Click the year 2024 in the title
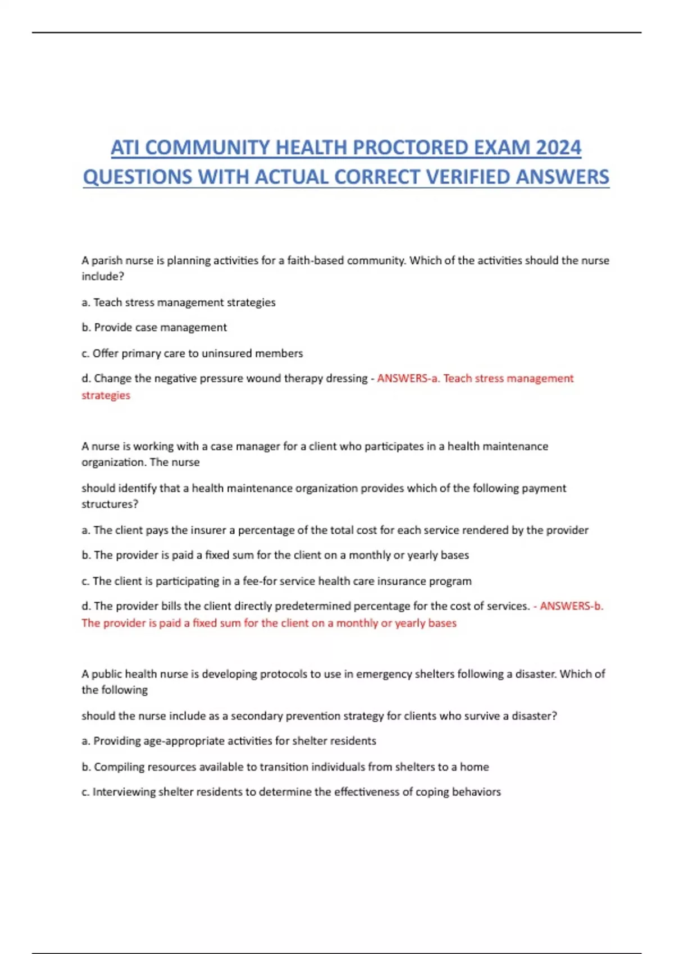558,148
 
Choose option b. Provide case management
154,327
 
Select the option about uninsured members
192,353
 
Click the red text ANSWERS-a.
408,378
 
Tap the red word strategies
106,395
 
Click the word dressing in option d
345,378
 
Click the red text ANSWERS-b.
571,606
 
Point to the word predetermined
312,606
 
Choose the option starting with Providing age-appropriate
229,741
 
